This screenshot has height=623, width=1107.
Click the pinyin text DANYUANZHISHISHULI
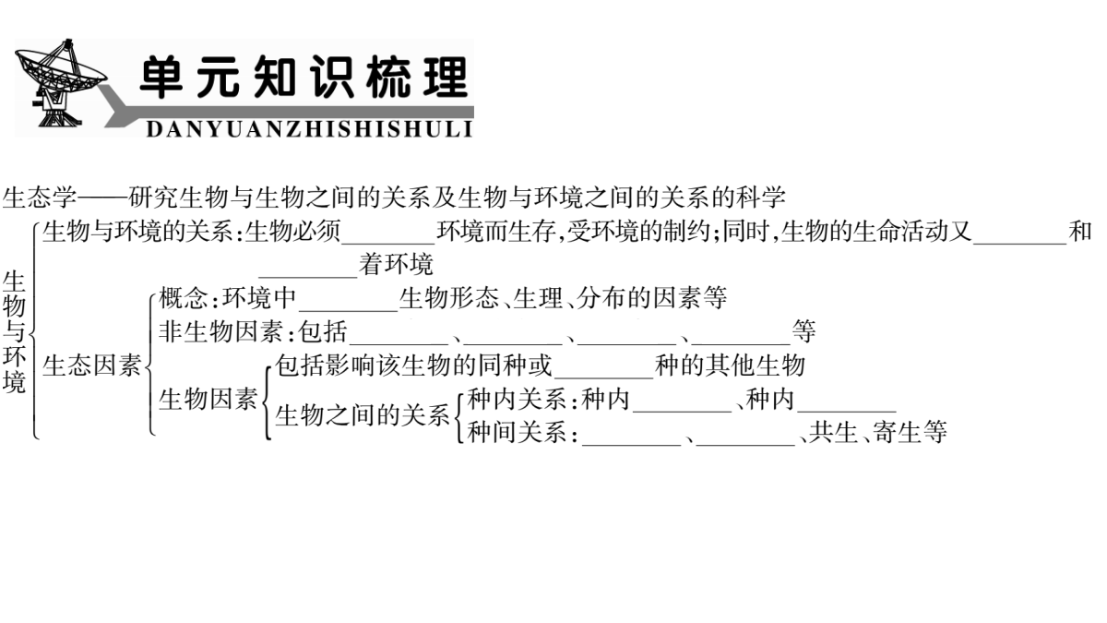[x=310, y=129]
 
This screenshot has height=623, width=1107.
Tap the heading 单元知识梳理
[x=304, y=77]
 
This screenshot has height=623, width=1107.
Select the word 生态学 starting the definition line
[x=40, y=198]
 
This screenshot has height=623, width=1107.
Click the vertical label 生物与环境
[x=14, y=331]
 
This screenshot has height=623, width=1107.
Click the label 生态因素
[x=92, y=365]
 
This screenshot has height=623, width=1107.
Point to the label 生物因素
[x=208, y=399]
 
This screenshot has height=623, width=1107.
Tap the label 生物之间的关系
[x=363, y=414]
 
